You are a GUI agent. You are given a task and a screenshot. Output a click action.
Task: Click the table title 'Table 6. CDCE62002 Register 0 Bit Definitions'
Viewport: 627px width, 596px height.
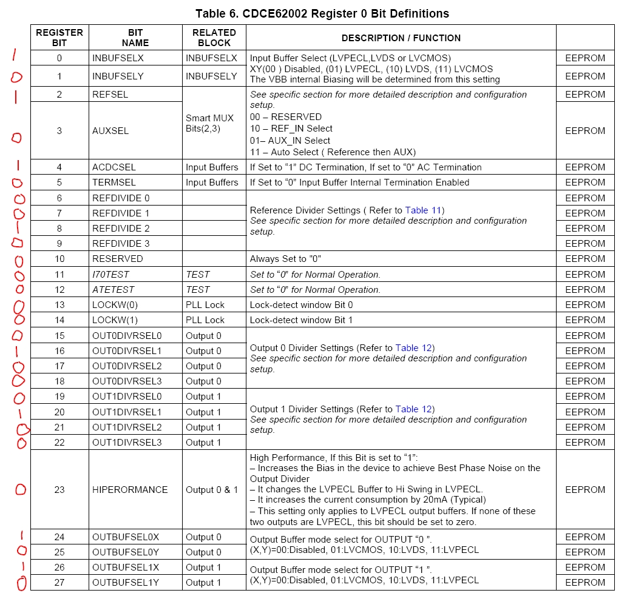[x=322, y=13]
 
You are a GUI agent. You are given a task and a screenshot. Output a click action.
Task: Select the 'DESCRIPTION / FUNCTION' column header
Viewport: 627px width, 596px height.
[x=401, y=38]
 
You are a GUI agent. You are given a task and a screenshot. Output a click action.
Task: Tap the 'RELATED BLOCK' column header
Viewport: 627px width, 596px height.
[x=214, y=38]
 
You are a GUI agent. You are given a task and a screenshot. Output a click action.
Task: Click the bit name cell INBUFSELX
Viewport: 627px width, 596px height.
[x=118, y=58]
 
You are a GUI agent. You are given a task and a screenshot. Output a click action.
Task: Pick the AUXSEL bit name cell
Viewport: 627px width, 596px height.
[x=110, y=131]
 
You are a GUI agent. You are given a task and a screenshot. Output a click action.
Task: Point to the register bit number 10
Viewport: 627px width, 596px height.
[x=59, y=259]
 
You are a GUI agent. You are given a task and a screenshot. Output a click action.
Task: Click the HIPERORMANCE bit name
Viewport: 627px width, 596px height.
[x=130, y=490]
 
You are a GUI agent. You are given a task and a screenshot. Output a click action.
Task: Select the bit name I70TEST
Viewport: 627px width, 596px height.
[x=110, y=275]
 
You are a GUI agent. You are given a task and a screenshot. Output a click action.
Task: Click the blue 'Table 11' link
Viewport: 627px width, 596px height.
[x=424, y=210]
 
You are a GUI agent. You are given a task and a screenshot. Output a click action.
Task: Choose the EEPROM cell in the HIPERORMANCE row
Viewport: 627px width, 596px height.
[x=585, y=490]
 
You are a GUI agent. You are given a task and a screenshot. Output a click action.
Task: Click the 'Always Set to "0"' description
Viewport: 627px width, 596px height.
[x=285, y=259]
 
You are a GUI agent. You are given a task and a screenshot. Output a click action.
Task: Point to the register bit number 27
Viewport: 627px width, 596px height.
[x=59, y=583]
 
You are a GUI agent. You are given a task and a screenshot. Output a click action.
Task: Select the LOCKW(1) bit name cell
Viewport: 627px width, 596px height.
[x=115, y=320]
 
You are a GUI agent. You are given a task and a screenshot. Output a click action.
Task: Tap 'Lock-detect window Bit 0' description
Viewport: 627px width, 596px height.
[x=301, y=305]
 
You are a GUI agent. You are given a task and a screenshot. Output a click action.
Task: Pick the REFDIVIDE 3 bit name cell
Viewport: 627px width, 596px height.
[x=121, y=244]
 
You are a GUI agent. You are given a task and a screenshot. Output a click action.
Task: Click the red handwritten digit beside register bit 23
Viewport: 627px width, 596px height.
[x=21, y=489]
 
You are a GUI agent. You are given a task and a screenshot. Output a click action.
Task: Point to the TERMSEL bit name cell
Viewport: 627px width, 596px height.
[x=114, y=182]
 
